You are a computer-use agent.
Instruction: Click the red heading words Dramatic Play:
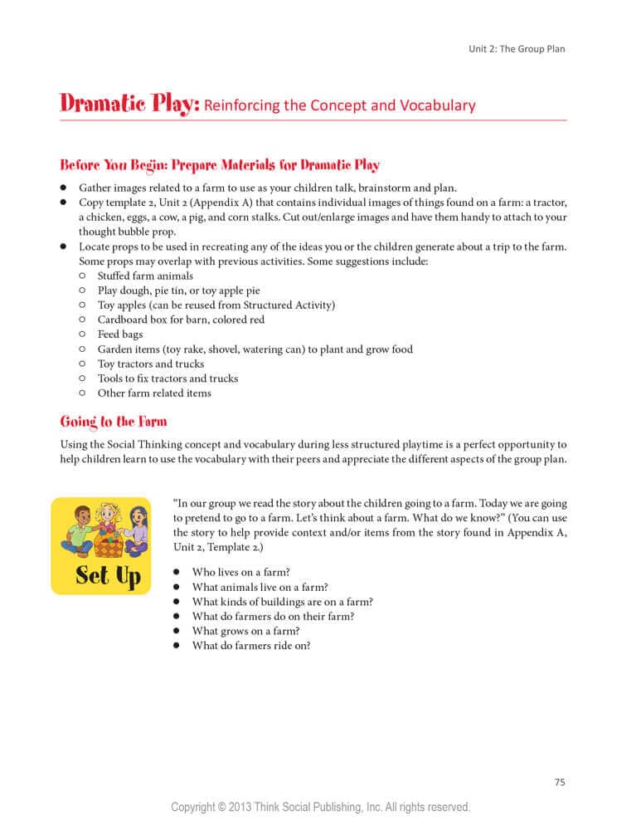129,105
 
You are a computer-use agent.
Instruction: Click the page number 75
559,781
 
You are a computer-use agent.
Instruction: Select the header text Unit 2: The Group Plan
517,49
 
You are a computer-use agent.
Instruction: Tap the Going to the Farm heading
113,422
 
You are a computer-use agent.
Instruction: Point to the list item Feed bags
119,334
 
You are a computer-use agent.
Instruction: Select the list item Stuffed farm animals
145,276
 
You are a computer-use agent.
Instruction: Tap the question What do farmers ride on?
250,646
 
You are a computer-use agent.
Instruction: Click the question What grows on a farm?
245,631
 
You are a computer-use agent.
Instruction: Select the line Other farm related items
154,393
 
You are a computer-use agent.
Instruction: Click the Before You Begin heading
220,164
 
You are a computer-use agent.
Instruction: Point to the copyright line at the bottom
320,807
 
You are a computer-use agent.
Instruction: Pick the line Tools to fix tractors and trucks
168,378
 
